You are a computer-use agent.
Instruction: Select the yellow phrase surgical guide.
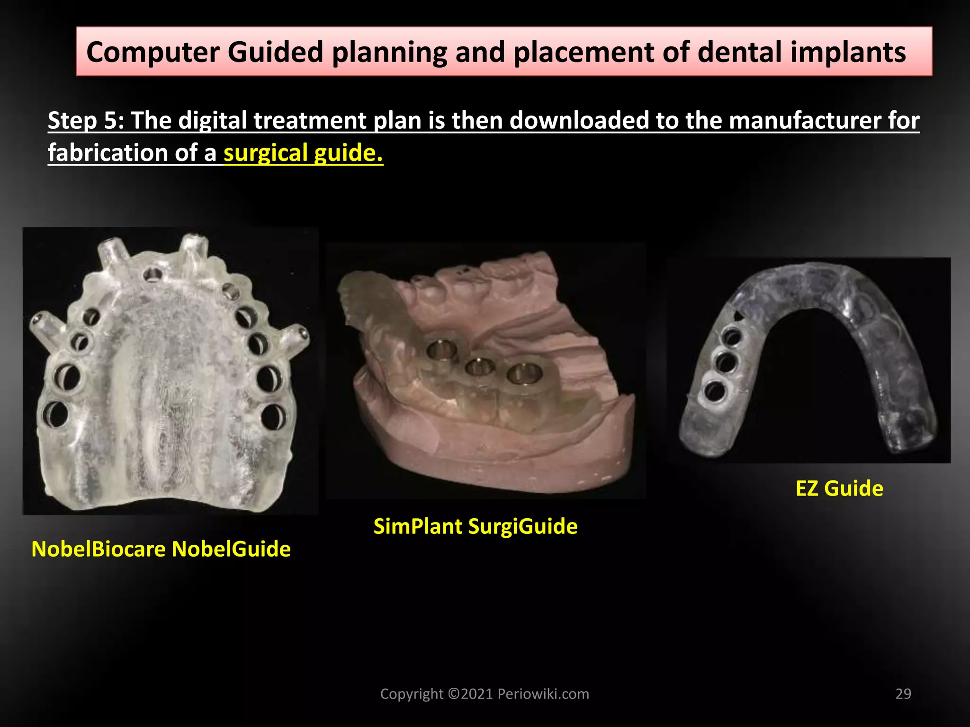point(303,153)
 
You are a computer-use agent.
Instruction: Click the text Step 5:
point(86,120)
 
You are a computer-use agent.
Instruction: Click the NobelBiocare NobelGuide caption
point(161,549)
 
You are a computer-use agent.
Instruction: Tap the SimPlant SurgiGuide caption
point(476,526)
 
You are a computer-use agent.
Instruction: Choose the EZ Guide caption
point(839,488)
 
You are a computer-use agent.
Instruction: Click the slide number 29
point(903,694)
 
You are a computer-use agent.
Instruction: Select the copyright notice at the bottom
point(485,694)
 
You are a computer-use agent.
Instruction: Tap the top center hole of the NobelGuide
point(153,274)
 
